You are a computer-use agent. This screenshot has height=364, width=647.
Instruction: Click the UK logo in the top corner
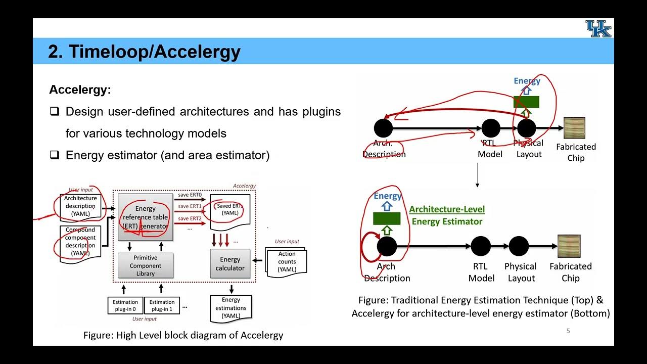click(598, 29)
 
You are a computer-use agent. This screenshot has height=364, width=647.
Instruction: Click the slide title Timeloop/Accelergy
click(144, 52)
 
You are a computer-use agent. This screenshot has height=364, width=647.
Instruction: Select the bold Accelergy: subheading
click(80, 90)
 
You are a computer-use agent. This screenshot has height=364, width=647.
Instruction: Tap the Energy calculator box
click(230, 263)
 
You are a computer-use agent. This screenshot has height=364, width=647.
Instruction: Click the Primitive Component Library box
click(146, 265)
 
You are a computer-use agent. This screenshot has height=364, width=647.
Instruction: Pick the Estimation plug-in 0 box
click(125, 305)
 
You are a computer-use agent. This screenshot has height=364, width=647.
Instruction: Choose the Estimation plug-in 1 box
click(162, 305)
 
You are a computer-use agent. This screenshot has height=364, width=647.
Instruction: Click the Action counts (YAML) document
click(287, 261)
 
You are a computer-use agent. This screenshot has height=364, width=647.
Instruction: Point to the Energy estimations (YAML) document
click(231, 308)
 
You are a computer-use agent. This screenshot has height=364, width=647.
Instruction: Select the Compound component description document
click(80, 241)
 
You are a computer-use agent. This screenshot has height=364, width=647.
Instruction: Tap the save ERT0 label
click(190, 195)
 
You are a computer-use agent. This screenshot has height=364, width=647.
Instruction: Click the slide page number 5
click(568, 331)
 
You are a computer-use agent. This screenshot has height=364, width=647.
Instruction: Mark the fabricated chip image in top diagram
click(575, 128)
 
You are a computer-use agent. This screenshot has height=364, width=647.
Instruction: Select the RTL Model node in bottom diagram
click(481, 246)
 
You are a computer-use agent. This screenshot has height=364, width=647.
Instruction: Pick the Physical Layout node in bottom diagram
click(519, 246)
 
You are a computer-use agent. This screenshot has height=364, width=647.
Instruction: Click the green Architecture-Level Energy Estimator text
click(447, 215)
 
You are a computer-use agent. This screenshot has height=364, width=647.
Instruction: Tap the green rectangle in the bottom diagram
click(387, 218)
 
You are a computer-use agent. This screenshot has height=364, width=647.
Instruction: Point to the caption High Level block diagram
click(183, 335)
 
